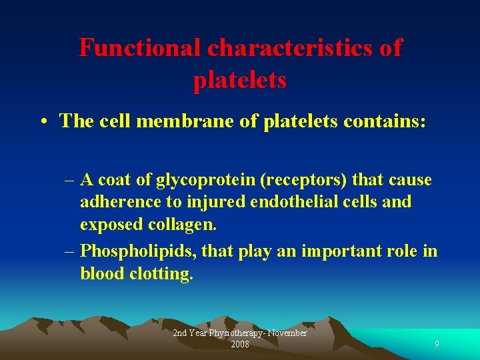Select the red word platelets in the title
pos(240,80)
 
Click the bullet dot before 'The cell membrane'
pos(43,121)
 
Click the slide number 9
pos(437,344)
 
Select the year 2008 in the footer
pos(240,344)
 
